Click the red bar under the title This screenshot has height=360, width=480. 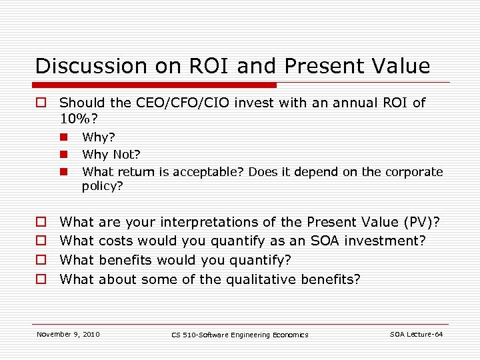[156, 85]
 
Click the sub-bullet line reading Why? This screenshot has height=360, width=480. [98, 137]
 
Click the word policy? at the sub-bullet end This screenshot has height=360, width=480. [103, 187]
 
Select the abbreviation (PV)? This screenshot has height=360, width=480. [423, 222]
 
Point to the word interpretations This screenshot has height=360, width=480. [209, 222]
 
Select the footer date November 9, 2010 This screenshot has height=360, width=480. [68, 334]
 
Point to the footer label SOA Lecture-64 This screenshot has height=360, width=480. [416, 334]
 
